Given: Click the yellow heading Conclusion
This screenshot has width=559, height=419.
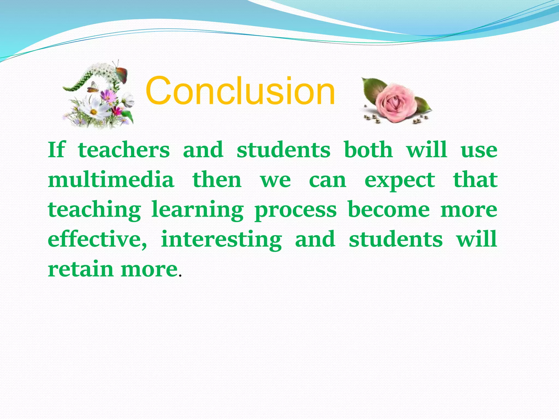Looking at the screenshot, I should [240, 91].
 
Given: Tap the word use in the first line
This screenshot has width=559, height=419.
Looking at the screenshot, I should [479, 151].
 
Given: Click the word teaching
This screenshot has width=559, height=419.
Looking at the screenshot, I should [94, 211].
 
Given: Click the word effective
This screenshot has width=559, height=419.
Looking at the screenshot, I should [97, 239].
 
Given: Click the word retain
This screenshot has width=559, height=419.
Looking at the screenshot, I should [81, 269].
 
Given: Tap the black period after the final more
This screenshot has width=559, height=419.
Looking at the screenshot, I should [179, 276].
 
